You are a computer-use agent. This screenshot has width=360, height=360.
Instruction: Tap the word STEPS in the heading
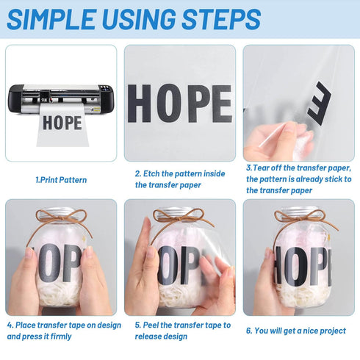(221, 19)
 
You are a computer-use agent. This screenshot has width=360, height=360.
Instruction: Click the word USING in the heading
(139, 19)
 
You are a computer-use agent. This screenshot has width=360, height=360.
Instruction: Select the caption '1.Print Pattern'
(61, 180)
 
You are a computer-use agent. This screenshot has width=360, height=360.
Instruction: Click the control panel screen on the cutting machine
(106, 89)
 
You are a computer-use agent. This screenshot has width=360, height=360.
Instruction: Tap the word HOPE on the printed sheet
(62, 123)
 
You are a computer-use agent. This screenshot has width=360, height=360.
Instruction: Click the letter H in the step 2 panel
(139, 104)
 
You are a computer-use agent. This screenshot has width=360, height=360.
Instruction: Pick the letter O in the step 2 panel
(169, 104)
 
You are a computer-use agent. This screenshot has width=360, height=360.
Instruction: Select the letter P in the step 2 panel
(198, 104)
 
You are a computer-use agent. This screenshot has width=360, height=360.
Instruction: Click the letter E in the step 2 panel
(222, 104)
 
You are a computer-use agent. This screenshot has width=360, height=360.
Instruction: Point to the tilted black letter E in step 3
(320, 104)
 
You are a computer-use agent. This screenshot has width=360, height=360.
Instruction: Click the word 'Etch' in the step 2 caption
(151, 174)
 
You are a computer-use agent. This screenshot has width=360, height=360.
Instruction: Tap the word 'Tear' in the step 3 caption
(261, 168)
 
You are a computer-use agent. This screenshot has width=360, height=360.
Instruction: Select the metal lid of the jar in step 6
(298, 211)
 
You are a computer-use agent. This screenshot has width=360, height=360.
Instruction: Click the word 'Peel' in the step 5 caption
(151, 325)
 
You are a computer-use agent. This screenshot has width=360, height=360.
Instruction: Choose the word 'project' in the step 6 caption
(333, 331)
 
